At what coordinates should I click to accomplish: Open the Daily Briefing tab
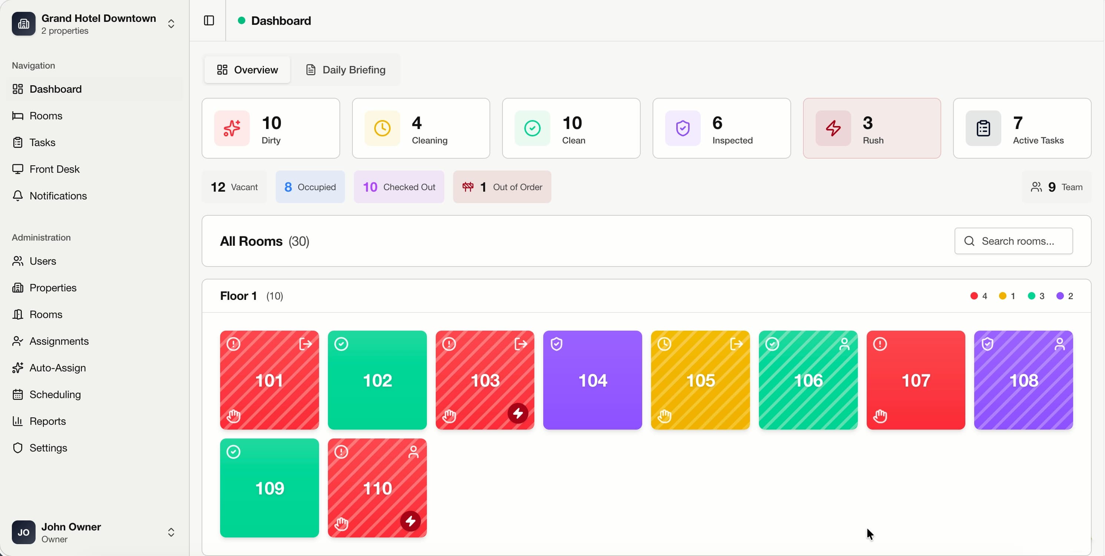tap(345, 70)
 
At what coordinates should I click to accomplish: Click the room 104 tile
tap(593, 380)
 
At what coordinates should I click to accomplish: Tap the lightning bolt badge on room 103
tap(518, 413)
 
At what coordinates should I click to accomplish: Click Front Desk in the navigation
tap(54, 169)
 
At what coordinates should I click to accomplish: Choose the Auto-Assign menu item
tap(57, 368)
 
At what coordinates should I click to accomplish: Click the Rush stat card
tap(872, 128)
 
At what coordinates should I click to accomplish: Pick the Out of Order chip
tap(502, 187)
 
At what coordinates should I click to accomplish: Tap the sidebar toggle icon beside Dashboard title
tap(209, 21)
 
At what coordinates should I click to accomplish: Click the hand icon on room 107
tap(880, 416)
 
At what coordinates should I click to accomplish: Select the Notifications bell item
tap(58, 196)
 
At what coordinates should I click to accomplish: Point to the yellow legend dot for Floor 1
tap(1002, 296)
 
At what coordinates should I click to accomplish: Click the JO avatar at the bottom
tap(24, 532)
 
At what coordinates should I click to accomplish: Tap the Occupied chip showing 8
tap(310, 187)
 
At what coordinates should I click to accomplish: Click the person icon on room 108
tap(1059, 344)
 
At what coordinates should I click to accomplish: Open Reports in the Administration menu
tap(47, 421)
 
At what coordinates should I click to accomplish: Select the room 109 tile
tap(269, 488)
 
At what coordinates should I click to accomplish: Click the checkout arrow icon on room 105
tap(736, 344)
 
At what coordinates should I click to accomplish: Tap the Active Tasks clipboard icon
tap(983, 128)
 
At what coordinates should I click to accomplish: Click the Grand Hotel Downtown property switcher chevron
tap(171, 24)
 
